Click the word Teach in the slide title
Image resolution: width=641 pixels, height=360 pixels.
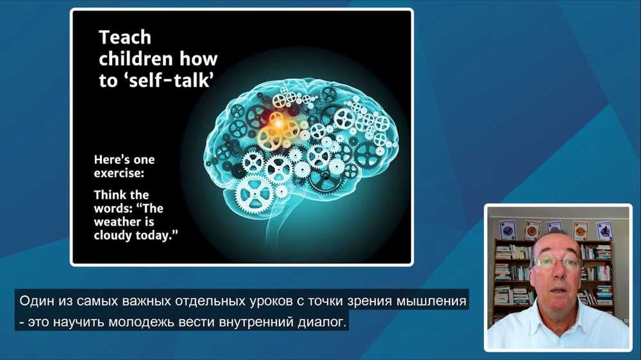click(x=125, y=38)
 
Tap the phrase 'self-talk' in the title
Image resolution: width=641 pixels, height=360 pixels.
click(x=171, y=80)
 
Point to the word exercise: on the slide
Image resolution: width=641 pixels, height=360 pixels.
click(x=119, y=173)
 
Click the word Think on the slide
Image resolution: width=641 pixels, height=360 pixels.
click(x=110, y=195)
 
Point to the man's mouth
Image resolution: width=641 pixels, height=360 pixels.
click(x=558, y=291)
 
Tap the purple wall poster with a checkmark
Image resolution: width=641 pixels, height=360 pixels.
click(x=507, y=230)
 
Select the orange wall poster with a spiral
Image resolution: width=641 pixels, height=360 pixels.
click(x=532, y=231)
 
